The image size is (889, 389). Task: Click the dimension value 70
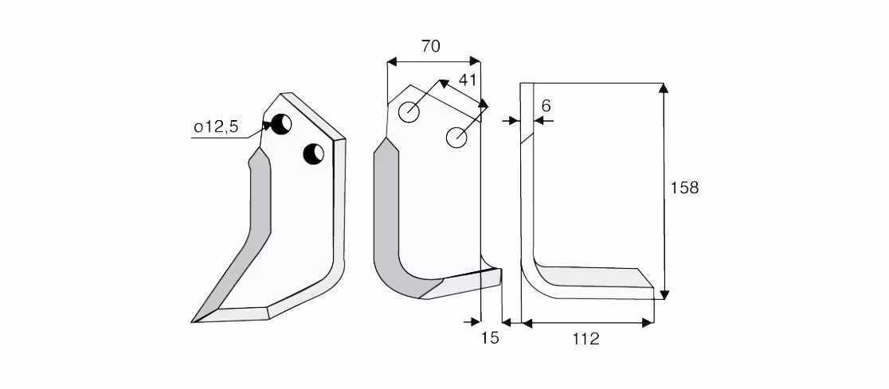tap(431, 46)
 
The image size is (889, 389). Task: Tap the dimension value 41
tap(467, 80)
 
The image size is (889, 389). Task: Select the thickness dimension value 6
tap(546, 106)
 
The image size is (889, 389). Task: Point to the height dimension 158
tap(684, 188)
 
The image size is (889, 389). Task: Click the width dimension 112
tap(585, 339)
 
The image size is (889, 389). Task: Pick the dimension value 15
tap(490, 338)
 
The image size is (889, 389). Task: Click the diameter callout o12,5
tap(216, 127)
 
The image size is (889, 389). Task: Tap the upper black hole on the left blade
tap(280, 124)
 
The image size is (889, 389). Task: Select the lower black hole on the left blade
tap(314, 154)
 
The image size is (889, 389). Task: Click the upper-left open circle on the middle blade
tap(409, 112)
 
